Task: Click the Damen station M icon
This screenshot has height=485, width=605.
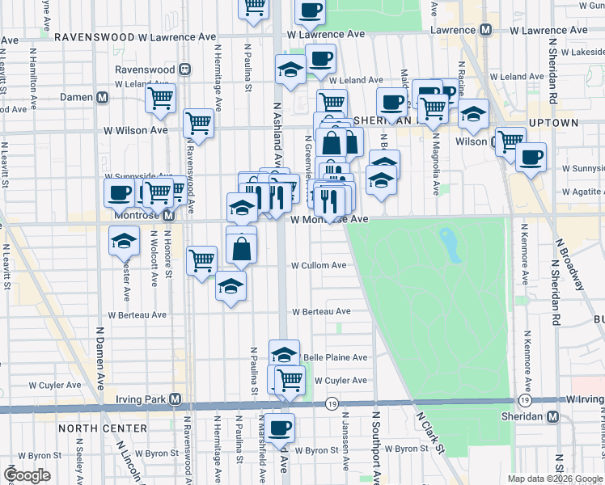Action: click(x=103, y=97)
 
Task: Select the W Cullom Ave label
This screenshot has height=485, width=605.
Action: click(x=319, y=265)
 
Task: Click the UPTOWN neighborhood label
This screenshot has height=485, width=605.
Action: click(x=553, y=123)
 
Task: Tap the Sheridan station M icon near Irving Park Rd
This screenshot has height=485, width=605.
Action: click(x=553, y=416)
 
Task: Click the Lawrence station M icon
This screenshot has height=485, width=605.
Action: click(x=486, y=30)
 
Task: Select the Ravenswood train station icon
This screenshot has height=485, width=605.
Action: click(x=184, y=70)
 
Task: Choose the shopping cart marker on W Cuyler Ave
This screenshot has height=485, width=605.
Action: click(x=290, y=378)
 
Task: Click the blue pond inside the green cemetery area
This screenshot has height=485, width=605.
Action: click(x=447, y=240)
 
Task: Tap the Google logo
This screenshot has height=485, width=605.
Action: click(x=27, y=475)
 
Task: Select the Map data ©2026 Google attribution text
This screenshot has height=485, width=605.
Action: click(x=554, y=479)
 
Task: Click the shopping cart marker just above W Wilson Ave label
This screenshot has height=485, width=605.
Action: click(x=198, y=123)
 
